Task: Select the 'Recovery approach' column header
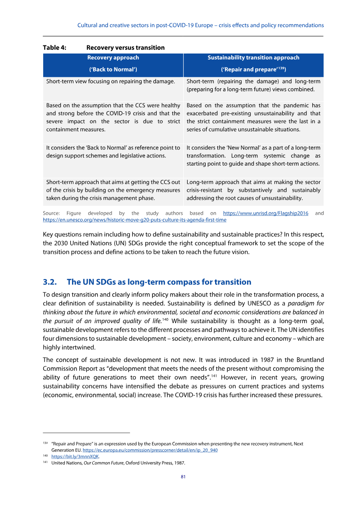[x=113, y=58]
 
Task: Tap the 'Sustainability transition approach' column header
[x=253, y=58]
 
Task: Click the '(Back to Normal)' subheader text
[x=113, y=70]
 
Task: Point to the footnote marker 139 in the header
[x=281, y=68]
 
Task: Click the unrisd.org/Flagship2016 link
[x=265, y=213]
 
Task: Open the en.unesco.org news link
[x=135, y=220]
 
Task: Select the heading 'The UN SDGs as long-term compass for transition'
[x=159, y=282]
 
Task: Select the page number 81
[x=183, y=477]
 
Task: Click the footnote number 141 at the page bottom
[x=45, y=463]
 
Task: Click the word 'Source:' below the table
[x=52, y=213]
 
